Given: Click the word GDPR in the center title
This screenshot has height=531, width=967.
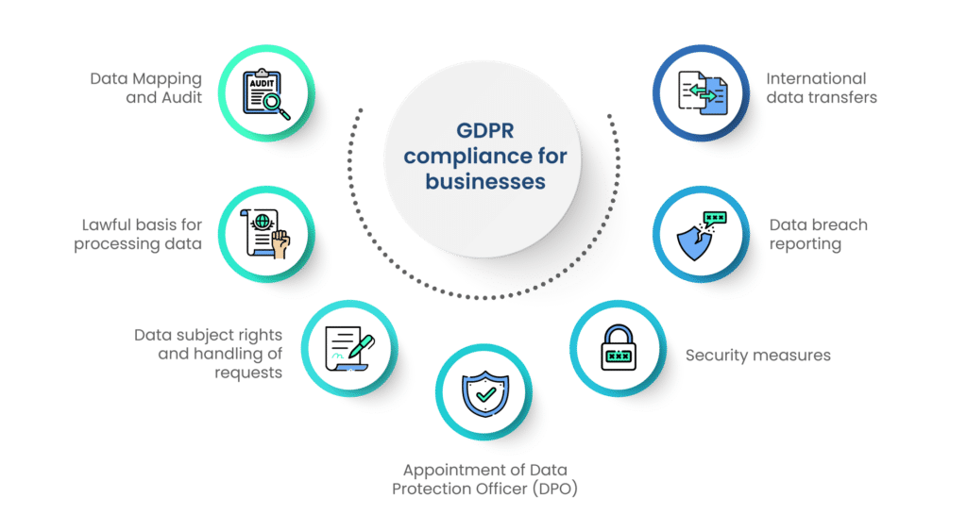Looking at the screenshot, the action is [484, 130].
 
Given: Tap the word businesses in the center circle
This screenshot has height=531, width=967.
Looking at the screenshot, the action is [485, 182].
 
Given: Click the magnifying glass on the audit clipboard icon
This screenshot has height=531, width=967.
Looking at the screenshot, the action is [276, 106].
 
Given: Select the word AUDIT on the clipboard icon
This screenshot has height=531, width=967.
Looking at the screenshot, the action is [262, 84].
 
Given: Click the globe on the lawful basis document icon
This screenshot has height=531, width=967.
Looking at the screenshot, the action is [263, 221].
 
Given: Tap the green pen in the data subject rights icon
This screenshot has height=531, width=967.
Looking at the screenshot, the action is [360, 347].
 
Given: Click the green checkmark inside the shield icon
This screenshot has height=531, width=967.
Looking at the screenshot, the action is [486, 394].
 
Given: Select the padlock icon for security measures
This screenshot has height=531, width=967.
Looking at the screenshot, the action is [618, 348].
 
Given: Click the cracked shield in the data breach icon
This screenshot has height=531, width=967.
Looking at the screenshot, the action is [695, 242].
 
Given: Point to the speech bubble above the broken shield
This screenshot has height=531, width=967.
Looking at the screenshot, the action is [715, 218].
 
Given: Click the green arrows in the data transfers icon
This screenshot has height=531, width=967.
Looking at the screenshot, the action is [703, 93].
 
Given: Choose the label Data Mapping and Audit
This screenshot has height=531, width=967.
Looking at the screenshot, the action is [146, 88].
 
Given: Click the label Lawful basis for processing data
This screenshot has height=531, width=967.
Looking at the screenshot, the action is [138, 234].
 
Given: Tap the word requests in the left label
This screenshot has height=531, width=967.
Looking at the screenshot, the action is [248, 373].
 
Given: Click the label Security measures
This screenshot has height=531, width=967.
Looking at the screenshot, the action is [758, 356].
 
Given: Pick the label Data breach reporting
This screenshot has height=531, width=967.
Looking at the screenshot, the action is [819, 234].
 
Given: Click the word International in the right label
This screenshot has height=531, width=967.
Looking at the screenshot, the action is [816, 79].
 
